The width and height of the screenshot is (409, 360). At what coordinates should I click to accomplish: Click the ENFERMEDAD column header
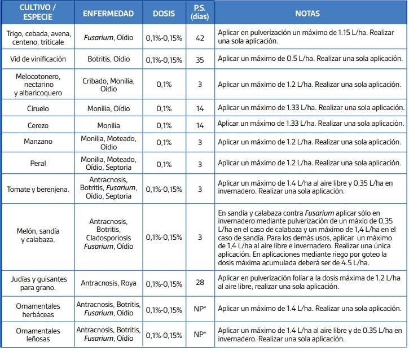[108, 14]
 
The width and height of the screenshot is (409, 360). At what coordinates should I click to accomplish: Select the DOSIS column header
[164, 14]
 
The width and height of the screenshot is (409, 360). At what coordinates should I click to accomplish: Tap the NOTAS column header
[307, 14]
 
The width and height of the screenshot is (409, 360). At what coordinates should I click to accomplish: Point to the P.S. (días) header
[200, 12]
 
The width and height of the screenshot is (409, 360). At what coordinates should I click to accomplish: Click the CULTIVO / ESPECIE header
[38, 12]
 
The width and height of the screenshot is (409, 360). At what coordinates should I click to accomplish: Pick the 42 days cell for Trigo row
[200, 38]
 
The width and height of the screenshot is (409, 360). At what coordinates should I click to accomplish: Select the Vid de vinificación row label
[38, 59]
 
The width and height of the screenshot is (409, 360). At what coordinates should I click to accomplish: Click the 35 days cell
[200, 60]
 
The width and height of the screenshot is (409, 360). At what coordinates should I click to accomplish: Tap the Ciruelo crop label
[38, 108]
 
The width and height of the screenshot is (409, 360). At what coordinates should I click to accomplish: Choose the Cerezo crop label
[38, 125]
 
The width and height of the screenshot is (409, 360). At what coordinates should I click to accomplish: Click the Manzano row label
[38, 142]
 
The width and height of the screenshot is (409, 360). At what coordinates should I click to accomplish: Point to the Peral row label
[38, 163]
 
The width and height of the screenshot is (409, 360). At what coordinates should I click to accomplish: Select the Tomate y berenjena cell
[38, 189]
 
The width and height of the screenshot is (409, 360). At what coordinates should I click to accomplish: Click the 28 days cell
[200, 282]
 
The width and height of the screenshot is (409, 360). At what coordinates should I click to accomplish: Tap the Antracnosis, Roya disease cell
[108, 283]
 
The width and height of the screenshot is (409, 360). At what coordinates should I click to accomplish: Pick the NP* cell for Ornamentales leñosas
[200, 334]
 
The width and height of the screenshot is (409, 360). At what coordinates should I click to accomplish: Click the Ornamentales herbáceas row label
[38, 310]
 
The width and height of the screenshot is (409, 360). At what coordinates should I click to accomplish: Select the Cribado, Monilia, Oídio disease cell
[108, 85]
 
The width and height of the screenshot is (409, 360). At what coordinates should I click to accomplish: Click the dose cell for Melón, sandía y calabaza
[164, 238]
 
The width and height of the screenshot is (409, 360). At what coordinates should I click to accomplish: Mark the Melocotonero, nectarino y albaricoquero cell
[38, 85]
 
